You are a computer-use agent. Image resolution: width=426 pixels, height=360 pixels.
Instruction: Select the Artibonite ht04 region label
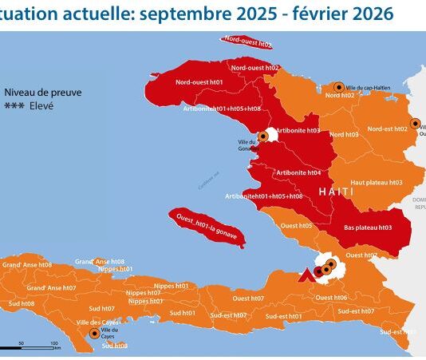click(x=298, y=172)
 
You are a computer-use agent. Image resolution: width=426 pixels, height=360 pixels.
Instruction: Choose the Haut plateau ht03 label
click(x=375, y=182)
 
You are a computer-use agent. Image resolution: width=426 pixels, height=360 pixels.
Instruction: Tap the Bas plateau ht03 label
click(x=368, y=227)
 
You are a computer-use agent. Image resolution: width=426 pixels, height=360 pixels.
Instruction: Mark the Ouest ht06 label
click(x=331, y=298)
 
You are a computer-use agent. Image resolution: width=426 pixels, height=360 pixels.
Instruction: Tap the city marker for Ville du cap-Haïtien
click(x=339, y=87)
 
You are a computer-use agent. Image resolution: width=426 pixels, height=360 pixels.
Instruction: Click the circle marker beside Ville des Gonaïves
click(x=264, y=136)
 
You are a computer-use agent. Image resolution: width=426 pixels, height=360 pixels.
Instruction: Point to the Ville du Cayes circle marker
click(x=96, y=334)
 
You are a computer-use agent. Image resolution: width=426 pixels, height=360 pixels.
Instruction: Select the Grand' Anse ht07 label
click(x=51, y=287)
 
